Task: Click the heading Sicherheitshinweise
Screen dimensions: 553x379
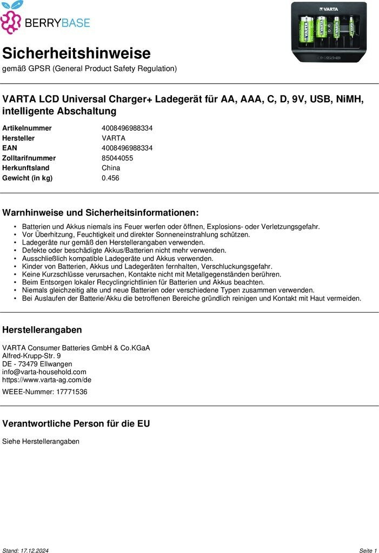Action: click(x=76, y=53)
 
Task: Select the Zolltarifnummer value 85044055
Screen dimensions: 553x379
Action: click(x=117, y=158)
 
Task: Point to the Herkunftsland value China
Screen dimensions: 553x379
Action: click(x=111, y=168)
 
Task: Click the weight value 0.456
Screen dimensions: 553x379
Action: click(x=110, y=178)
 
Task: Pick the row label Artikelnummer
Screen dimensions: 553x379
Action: click(x=27, y=128)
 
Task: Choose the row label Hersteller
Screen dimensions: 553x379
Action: click(x=18, y=138)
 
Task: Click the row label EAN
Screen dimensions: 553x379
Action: click(x=10, y=148)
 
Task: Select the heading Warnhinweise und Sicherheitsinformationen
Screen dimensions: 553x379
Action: click(x=101, y=213)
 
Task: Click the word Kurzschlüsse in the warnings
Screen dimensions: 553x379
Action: click(x=61, y=274)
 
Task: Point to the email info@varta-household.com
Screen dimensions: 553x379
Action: click(x=44, y=372)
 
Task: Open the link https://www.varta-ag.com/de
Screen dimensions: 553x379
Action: click(x=47, y=380)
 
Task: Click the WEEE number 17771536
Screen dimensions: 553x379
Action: click(x=72, y=392)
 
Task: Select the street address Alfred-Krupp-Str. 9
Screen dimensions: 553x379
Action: click(x=31, y=356)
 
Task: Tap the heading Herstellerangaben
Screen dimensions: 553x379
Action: click(x=42, y=330)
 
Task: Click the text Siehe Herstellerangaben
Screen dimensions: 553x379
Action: click(x=41, y=441)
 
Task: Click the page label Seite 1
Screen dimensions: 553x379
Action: click(x=368, y=550)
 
